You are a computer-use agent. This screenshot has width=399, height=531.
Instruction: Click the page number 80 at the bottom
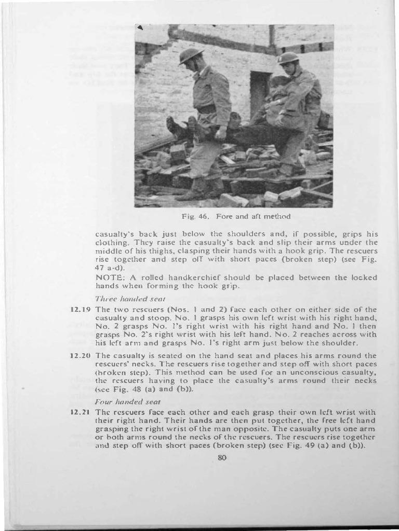(x=222, y=457)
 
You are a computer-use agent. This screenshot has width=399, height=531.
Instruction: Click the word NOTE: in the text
(x=109, y=277)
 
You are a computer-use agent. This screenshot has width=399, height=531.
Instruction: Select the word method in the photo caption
(x=276, y=216)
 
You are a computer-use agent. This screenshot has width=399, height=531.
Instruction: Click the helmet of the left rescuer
(x=190, y=55)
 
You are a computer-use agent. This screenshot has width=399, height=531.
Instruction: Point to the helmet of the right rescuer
(x=288, y=58)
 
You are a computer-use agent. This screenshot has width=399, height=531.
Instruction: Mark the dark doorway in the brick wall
(x=260, y=93)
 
